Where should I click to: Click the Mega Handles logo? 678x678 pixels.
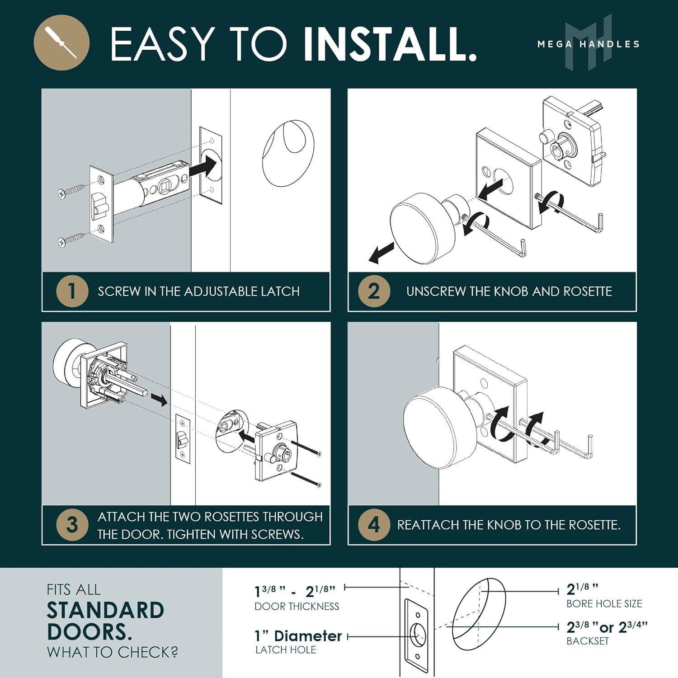coord(588,43)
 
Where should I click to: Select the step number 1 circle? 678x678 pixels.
coord(72,292)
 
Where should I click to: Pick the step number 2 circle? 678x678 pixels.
coord(374,292)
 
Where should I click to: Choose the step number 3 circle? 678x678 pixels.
coord(72,525)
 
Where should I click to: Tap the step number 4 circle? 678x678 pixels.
coord(374,525)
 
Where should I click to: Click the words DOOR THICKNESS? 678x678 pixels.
coord(297,606)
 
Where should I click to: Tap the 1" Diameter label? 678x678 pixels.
coord(298,636)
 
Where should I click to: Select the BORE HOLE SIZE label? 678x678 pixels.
coord(604,604)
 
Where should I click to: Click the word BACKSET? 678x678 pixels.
coord(588,641)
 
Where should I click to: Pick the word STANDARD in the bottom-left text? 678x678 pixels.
coord(105,611)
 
